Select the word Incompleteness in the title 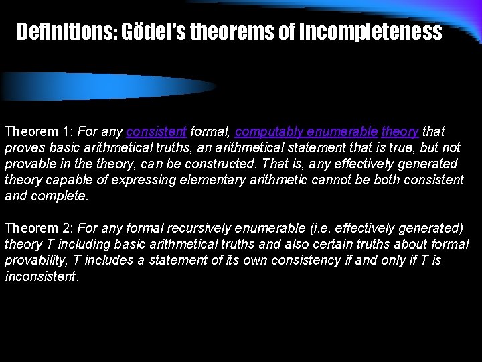(x=370, y=32)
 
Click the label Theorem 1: (x=39, y=131)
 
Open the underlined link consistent (x=156, y=131)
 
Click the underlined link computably (x=266, y=131)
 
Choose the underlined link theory (x=400, y=131)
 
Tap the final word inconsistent (x=41, y=276)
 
